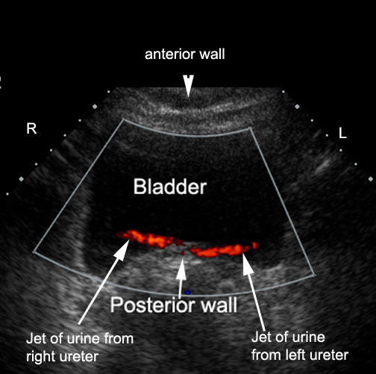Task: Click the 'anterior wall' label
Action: (x=185, y=54)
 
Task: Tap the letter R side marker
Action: (x=31, y=128)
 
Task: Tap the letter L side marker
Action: (x=342, y=133)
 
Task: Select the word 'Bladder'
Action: (x=170, y=187)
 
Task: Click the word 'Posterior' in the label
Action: (x=152, y=305)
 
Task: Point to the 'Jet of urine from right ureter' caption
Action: (x=80, y=347)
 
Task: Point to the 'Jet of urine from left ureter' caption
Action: (x=300, y=346)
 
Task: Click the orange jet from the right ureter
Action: (x=147, y=239)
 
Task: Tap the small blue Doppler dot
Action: (x=187, y=293)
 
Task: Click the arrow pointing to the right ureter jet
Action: (x=104, y=282)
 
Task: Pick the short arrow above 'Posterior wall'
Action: (x=181, y=278)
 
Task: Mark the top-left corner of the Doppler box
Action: (x=123, y=119)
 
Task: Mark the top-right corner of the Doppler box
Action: (x=250, y=128)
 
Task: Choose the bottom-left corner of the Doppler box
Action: (x=34, y=252)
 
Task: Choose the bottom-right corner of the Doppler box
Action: (x=315, y=275)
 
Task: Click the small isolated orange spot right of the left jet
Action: (x=255, y=246)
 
